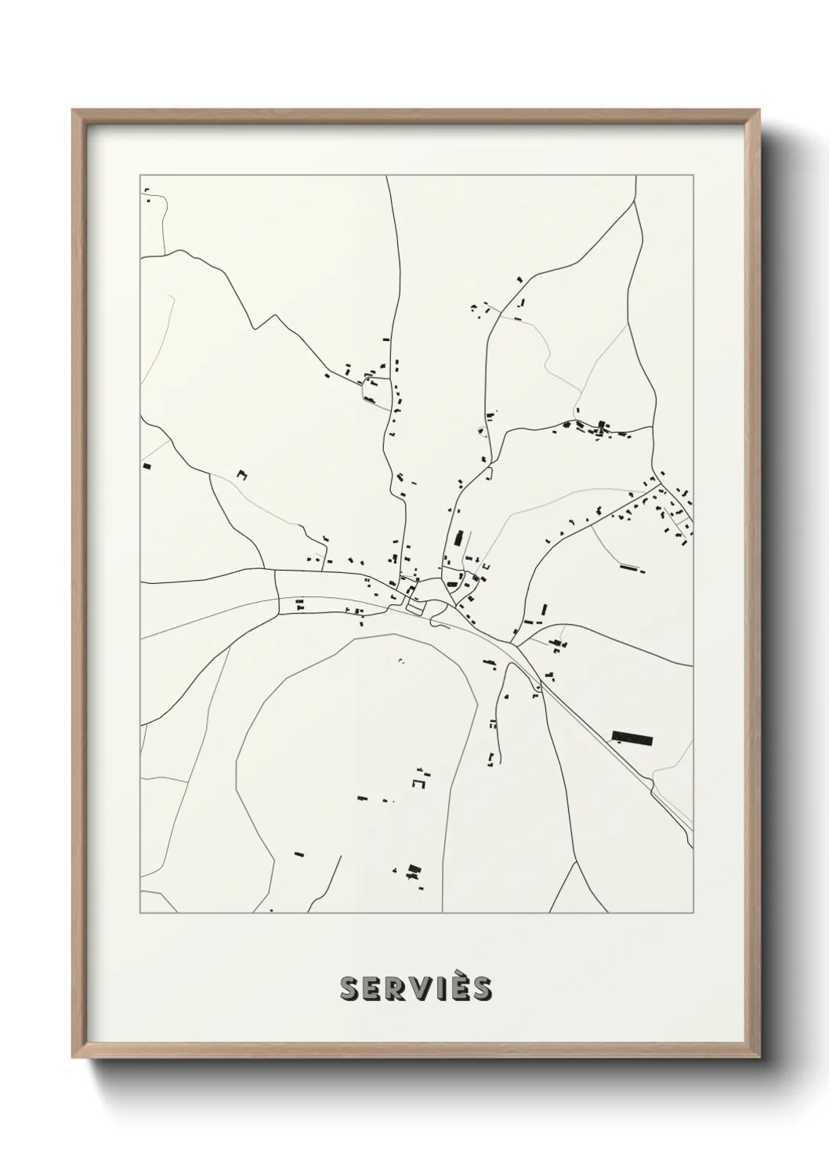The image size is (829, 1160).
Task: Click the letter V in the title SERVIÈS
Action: [423, 988]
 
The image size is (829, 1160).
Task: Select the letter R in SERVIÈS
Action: [398, 988]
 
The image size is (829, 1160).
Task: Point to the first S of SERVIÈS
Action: [349, 988]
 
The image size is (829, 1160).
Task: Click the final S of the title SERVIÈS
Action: [482, 988]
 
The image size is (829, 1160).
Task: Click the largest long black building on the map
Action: [632, 737]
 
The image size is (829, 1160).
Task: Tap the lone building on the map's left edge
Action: [147, 466]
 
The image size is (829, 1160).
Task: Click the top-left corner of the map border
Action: [140, 176]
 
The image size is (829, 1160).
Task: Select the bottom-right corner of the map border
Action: [693, 913]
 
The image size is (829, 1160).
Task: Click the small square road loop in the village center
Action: [415, 607]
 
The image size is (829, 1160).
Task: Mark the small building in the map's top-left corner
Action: [147, 199]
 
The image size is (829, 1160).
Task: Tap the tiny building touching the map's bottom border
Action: [272, 910]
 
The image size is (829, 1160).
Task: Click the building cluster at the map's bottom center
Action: [414, 871]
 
